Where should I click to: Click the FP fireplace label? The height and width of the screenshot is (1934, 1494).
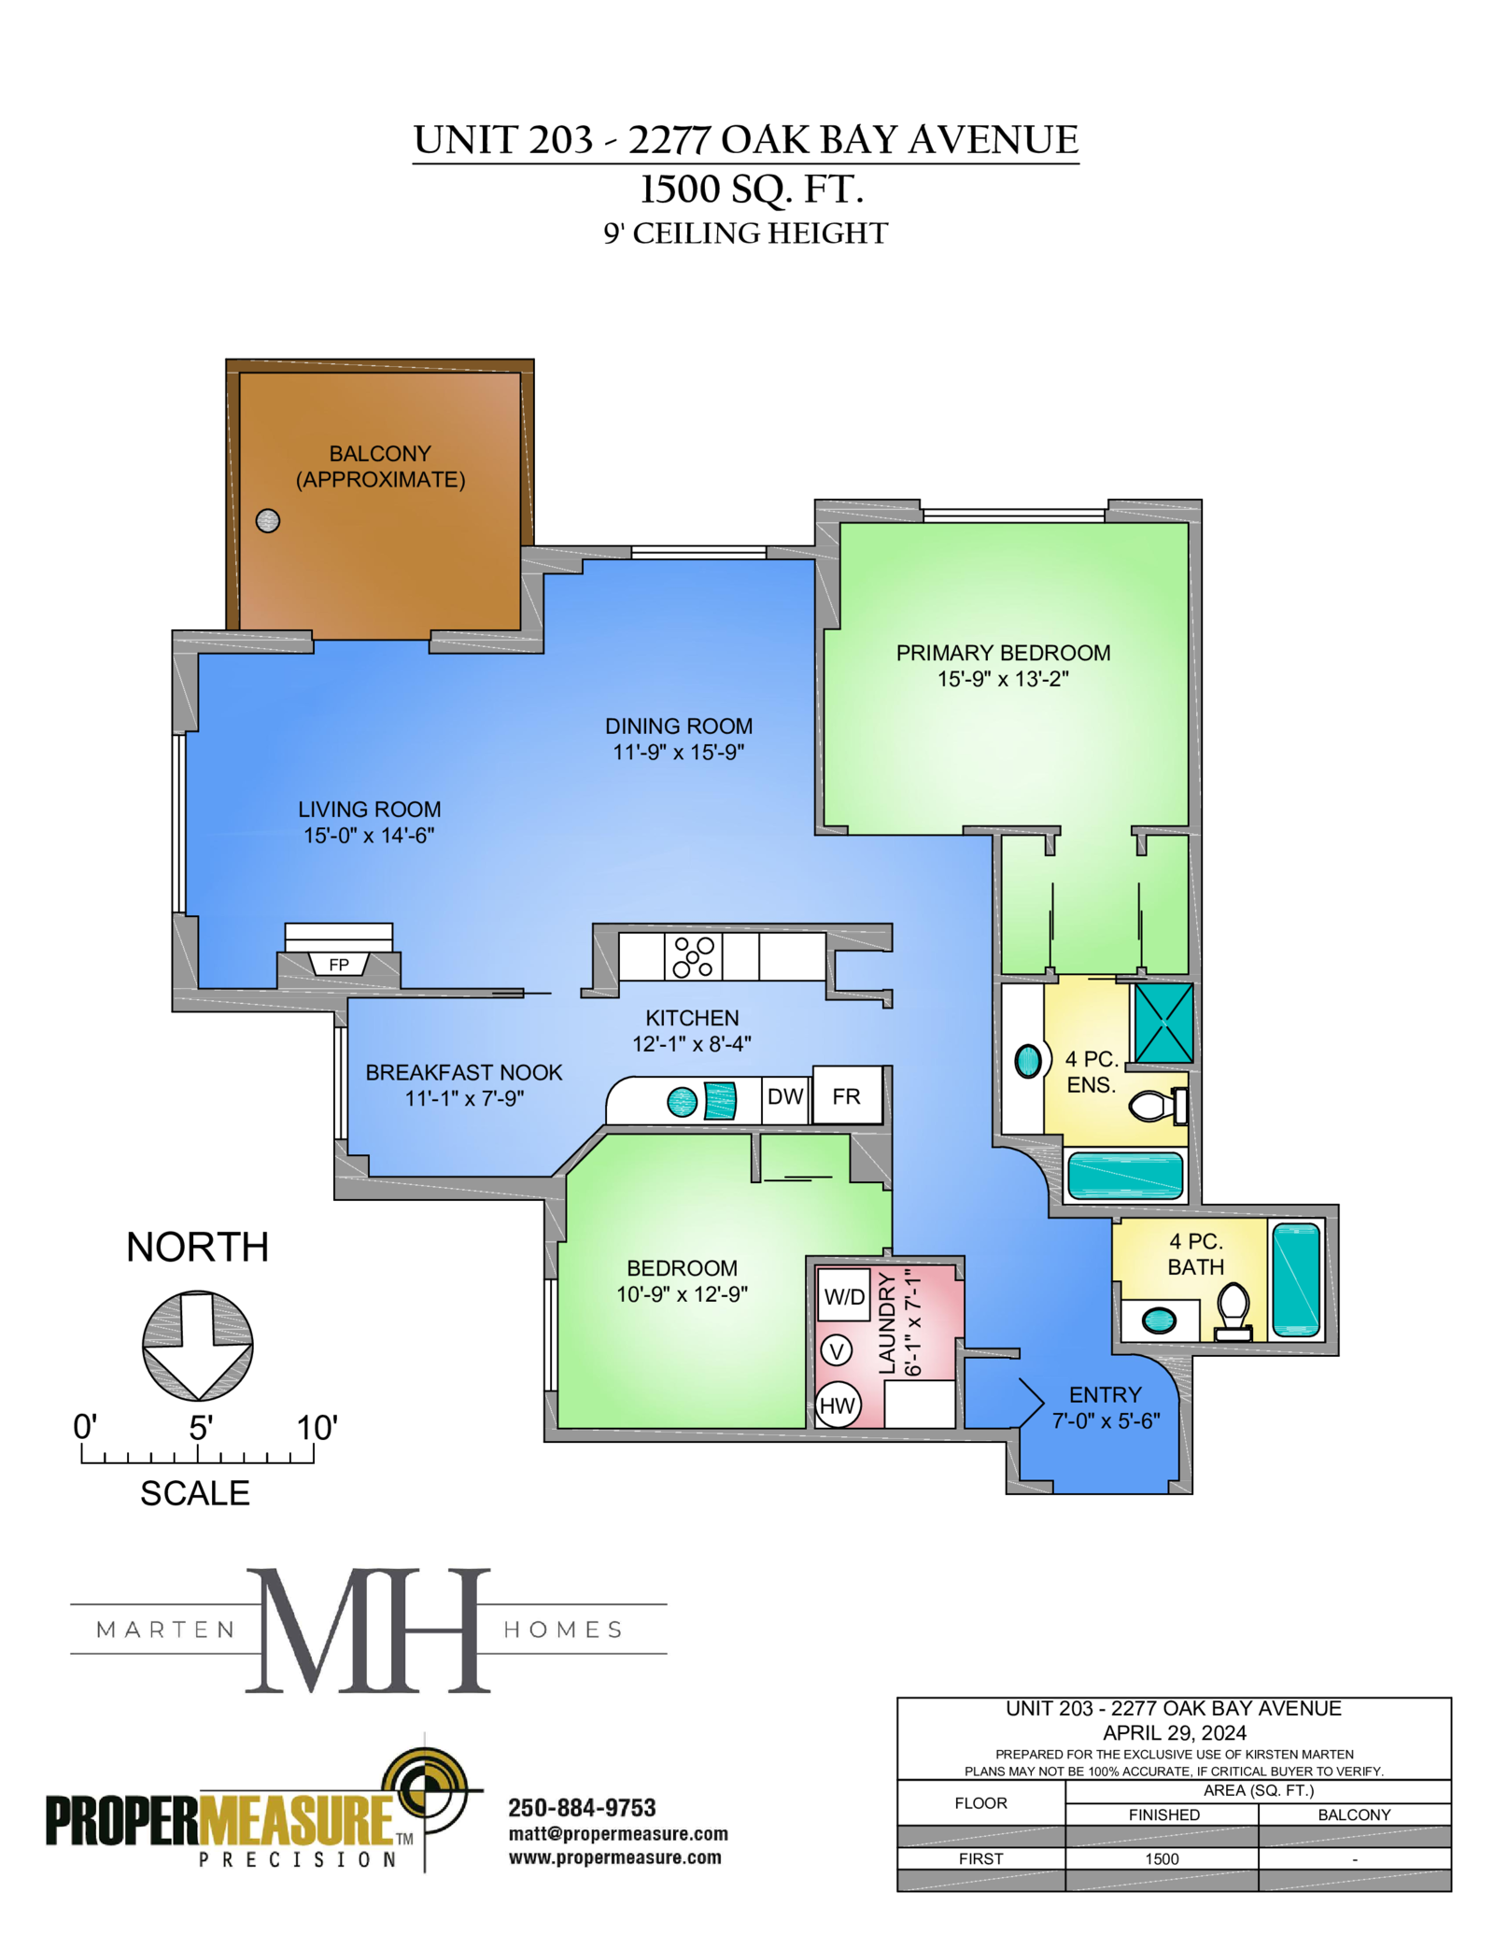(x=339, y=965)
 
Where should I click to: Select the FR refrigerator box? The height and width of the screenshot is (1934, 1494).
(x=847, y=1095)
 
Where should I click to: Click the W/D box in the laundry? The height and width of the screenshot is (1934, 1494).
(x=844, y=1296)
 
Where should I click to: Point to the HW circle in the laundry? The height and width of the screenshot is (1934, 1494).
(x=838, y=1405)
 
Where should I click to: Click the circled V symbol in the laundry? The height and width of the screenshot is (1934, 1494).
(x=837, y=1350)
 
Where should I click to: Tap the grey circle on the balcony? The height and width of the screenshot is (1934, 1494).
(x=268, y=520)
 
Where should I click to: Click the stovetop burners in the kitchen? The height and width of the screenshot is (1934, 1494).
(x=694, y=956)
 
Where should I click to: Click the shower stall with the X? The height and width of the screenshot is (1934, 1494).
(x=1163, y=1023)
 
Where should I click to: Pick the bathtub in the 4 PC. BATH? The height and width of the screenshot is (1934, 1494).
(x=1297, y=1279)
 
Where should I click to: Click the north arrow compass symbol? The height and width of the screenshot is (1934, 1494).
(x=198, y=1346)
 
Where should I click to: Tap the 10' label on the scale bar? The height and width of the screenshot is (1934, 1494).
(x=317, y=1428)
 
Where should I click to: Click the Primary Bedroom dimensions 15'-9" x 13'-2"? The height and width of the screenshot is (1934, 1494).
(x=1003, y=679)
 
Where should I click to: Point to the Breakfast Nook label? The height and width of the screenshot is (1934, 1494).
(x=464, y=1072)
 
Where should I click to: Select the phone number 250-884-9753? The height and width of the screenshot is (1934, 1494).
(x=582, y=1808)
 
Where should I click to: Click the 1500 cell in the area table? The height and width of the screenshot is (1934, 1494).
(x=1163, y=1859)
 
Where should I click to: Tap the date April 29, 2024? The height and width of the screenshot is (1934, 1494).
(x=1175, y=1733)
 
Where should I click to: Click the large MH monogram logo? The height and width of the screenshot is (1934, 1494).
(x=368, y=1630)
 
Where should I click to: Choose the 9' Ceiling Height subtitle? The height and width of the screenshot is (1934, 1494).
(x=745, y=233)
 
